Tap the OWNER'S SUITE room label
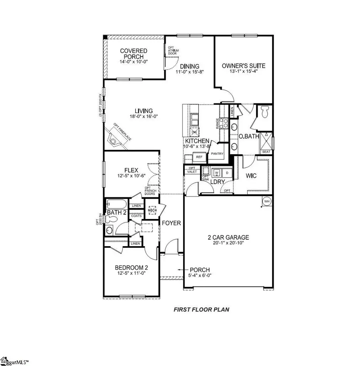click(243, 66)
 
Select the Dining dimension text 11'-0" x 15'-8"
click(190, 73)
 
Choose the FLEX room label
click(131, 170)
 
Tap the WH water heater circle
click(266, 201)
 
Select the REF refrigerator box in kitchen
click(199, 157)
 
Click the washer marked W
click(217, 173)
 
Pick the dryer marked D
click(226, 173)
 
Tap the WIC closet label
click(251, 176)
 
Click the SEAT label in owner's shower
click(266, 151)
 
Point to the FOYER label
click(171, 223)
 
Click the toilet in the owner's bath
click(264, 112)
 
